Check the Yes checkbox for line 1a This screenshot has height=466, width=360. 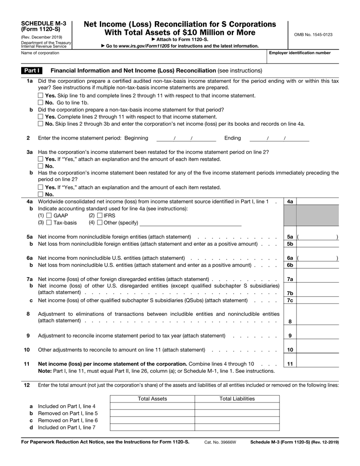click(x=41, y=96)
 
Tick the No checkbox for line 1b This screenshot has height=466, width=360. click(x=41, y=124)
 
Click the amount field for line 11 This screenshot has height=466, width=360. click(x=317, y=363)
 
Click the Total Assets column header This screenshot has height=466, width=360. click(x=152, y=399)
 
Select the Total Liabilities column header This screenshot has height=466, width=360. click(x=237, y=399)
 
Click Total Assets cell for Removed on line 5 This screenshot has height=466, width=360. click(x=152, y=413)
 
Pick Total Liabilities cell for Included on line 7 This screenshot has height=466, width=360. click(x=237, y=428)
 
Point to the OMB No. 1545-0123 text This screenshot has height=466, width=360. click(x=314, y=35)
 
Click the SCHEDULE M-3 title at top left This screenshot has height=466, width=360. click(x=44, y=23)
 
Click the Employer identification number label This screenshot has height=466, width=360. click(x=299, y=53)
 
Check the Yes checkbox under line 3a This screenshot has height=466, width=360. click(x=41, y=159)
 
